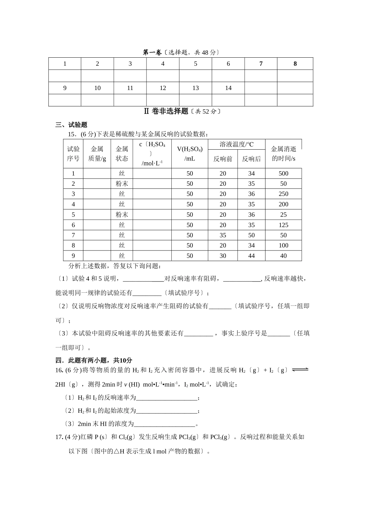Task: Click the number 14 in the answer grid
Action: pyautogui.click(x=228, y=88)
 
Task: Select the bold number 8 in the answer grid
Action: pyautogui.click(x=295, y=64)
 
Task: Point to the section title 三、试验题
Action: pyautogui.click(x=71, y=125)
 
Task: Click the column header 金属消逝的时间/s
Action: pyautogui.click(x=284, y=154)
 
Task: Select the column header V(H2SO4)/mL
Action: pyautogui.click(x=190, y=154)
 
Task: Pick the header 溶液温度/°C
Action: pyautogui.click(x=237, y=145)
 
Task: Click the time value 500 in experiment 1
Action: pyautogui.click(x=284, y=173)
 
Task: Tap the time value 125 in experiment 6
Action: pyautogui.click(x=284, y=225)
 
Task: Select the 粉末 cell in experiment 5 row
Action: pyautogui.click(x=122, y=215)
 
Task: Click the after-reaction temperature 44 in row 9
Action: pyautogui.click(x=251, y=256)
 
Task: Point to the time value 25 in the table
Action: pyautogui.click(x=284, y=215)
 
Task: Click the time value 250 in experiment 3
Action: pyautogui.click(x=284, y=194)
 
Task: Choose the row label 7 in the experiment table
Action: pyautogui.click(x=73, y=235)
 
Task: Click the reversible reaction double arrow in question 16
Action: pyautogui.click(x=300, y=370)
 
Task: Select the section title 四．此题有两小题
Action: pyautogui.click(x=94, y=360)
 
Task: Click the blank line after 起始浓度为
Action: pyautogui.click(x=167, y=411)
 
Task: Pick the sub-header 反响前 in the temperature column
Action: pyautogui.click(x=223, y=159)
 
